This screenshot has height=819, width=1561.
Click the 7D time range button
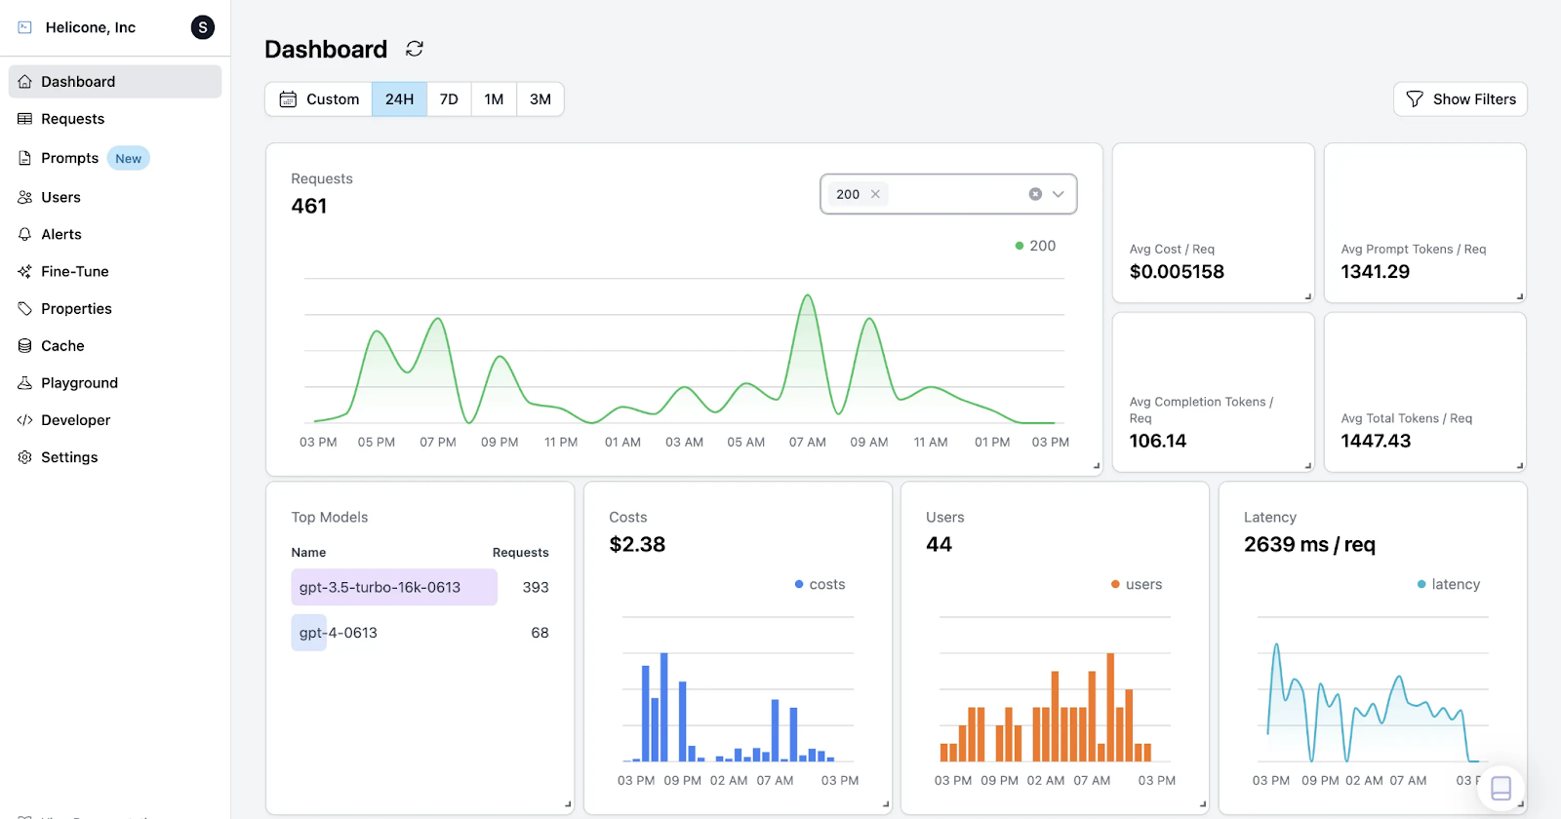(x=449, y=99)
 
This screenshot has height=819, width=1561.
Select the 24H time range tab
(x=399, y=99)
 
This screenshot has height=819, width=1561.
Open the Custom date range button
(x=319, y=99)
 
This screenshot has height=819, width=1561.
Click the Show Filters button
(x=1460, y=99)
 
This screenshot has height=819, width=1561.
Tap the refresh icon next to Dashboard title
(x=415, y=49)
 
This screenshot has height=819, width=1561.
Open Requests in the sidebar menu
(x=72, y=119)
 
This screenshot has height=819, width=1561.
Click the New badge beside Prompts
(x=128, y=159)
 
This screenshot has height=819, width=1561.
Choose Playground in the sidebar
(x=79, y=383)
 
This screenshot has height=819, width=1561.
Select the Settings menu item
(x=69, y=457)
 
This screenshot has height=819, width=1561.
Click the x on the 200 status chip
(x=875, y=194)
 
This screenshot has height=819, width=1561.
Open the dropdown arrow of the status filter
(x=1058, y=194)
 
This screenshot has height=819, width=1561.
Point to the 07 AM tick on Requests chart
(x=807, y=442)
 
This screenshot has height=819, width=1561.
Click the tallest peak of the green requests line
(x=807, y=295)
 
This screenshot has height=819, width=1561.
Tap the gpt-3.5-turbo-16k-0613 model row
(x=393, y=587)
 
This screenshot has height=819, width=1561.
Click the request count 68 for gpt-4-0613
(x=540, y=633)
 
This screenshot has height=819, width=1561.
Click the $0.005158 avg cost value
(x=1177, y=272)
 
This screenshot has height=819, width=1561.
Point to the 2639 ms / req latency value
(x=1309, y=545)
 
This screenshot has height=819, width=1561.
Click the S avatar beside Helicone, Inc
(x=202, y=27)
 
